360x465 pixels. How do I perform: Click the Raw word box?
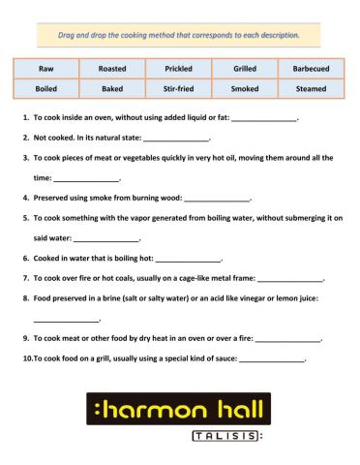[x=45, y=70]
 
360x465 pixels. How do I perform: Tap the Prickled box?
[x=179, y=70]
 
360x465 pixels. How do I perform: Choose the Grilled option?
[x=246, y=70]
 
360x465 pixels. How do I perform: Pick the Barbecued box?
[x=312, y=70]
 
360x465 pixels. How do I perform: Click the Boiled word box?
[x=45, y=88]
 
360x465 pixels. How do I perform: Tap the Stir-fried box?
[x=179, y=88]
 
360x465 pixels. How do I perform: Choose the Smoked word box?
[x=246, y=88]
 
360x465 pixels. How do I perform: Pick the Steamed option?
[x=312, y=88]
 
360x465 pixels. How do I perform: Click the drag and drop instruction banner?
[x=178, y=36]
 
